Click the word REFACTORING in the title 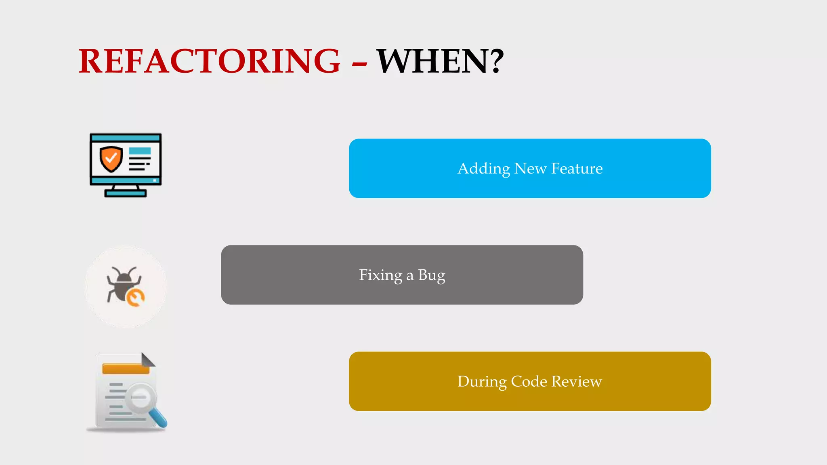coord(210,61)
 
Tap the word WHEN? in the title coord(440,61)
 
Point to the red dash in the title coord(359,63)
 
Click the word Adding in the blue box coord(483,169)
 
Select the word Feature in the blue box coord(577,168)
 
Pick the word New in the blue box coord(530,168)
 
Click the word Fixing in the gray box coord(380,275)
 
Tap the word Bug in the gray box coord(432,275)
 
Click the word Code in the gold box coord(529,381)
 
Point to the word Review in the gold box coord(577,381)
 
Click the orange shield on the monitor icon coord(111,159)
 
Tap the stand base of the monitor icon coord(126,193)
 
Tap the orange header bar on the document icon coord(126,369)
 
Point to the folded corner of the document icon coord(148,360)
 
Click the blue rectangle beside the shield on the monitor coord(140,151)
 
